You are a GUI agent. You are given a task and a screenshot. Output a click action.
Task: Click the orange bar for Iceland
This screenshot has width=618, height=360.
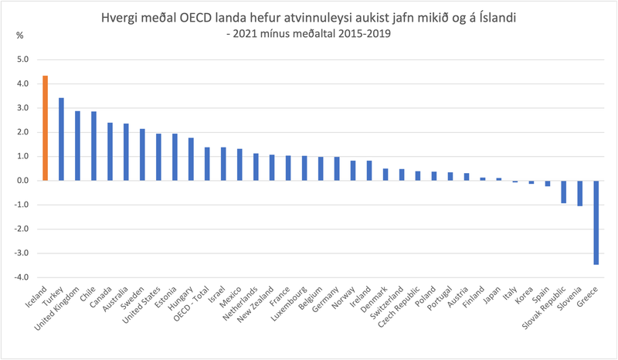[46, 128]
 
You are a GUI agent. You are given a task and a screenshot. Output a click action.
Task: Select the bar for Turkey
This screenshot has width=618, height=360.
[61, 139]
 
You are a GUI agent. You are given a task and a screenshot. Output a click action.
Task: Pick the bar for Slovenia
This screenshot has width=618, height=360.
[579, 193]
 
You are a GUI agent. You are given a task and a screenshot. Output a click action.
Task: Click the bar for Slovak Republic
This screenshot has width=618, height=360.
[563, 192]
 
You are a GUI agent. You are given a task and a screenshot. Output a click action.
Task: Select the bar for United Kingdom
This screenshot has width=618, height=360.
[77, 146]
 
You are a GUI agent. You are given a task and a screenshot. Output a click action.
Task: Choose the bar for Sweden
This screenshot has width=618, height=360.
[142, 155]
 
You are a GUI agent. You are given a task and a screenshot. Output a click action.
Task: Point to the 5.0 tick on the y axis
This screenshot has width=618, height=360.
[22, 59]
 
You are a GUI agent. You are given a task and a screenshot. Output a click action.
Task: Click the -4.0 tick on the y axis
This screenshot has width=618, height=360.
[22, 277]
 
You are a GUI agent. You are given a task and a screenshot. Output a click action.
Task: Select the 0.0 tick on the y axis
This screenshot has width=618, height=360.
[22, 181]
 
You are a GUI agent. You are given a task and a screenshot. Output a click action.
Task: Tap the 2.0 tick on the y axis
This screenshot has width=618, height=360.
[22, 132]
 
